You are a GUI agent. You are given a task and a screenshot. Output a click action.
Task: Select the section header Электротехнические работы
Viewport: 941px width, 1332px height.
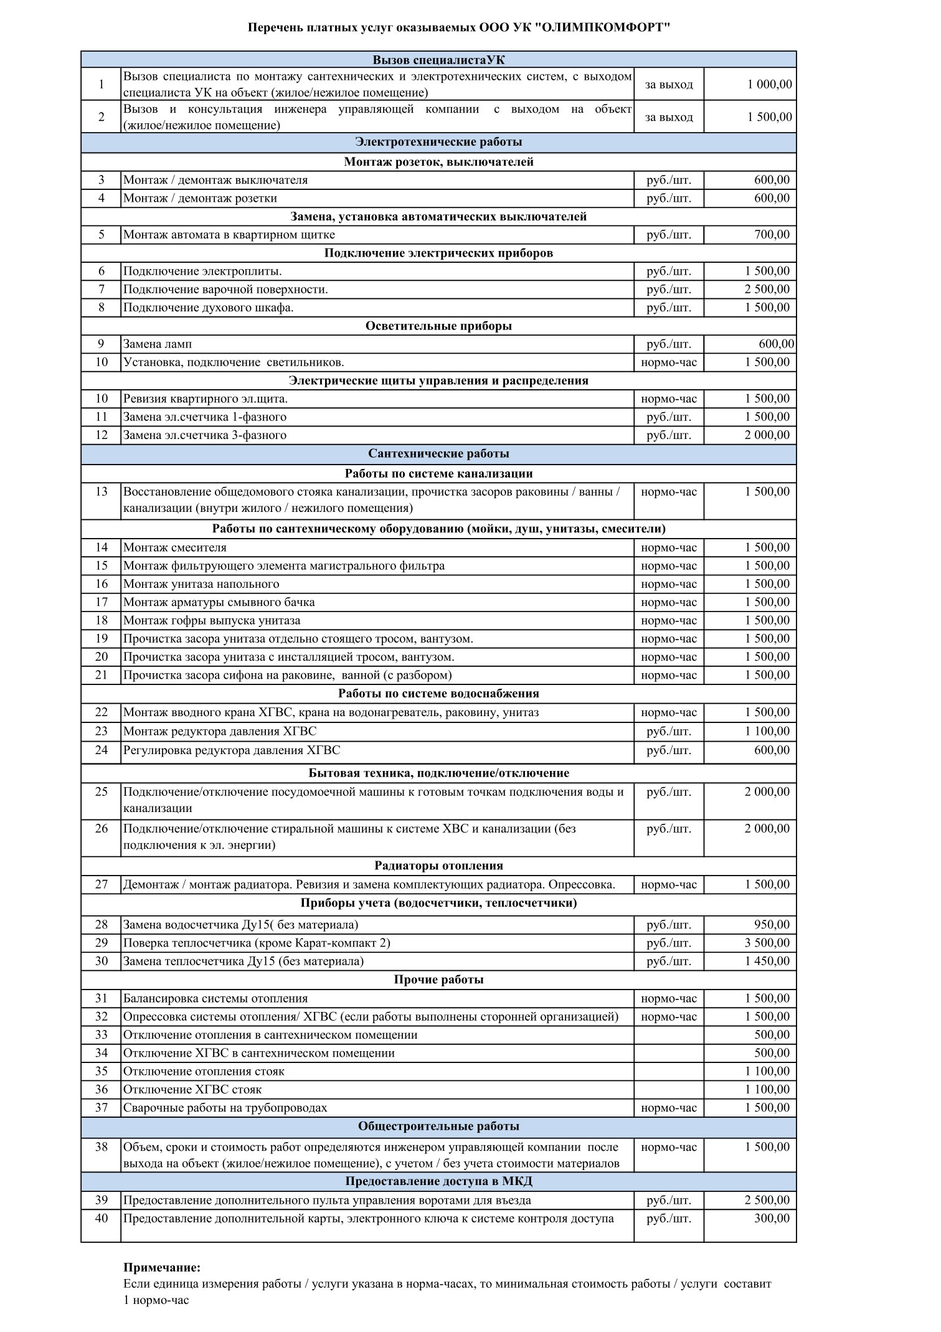(438, 142)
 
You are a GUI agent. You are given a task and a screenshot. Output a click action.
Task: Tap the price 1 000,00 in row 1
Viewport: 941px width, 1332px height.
(769, 84)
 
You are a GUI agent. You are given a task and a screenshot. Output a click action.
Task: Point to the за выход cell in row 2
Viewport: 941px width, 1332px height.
(669, 117)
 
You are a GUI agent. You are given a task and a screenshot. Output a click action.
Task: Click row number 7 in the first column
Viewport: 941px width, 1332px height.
(102, 289)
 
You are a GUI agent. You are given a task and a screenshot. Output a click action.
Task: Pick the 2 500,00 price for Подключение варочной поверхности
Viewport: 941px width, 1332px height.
(767, 289)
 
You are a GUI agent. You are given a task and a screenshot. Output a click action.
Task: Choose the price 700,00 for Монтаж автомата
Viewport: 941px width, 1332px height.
(772, 235)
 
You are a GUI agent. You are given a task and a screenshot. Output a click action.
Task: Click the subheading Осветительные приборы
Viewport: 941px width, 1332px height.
(438, 326)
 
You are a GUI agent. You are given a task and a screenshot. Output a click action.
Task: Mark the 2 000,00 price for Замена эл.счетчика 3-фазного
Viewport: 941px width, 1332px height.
(767, 435)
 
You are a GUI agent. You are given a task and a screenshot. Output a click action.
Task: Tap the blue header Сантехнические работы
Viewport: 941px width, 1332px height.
(438, 453)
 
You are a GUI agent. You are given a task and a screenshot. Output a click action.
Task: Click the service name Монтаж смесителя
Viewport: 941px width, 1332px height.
(175, 547)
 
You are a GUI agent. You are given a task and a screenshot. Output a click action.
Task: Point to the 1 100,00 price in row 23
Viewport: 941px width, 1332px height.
(767, 731)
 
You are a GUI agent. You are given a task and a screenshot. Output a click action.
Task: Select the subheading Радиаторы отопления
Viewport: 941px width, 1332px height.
(438, 866)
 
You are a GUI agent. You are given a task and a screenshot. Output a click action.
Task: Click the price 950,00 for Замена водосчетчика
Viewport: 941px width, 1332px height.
(772, 925)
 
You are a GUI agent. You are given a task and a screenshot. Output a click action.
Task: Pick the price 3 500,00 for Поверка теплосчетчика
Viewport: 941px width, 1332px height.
(767, 943)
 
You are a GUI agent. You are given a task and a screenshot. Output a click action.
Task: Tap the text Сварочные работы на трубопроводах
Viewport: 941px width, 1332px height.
(225, 1108)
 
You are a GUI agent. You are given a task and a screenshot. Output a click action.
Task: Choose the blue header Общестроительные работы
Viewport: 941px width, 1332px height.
(438, 1127)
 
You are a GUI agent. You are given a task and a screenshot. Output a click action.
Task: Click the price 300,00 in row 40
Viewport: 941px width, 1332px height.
(772, 1218)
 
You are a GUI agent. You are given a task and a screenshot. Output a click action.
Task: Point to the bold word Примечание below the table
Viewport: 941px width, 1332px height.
(162, 1268)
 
